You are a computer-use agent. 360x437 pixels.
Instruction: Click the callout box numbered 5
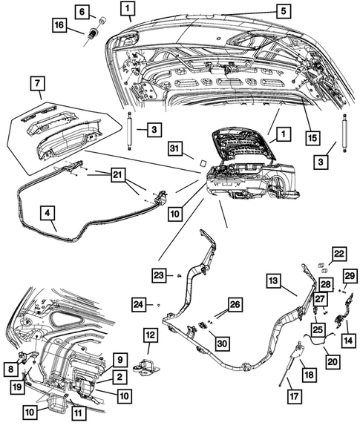coord(284,12)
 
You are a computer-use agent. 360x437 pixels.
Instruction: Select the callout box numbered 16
coord(59,26)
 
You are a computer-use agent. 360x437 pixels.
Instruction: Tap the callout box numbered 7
coord(38,83)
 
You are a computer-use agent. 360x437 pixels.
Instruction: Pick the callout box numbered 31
coord(175,148)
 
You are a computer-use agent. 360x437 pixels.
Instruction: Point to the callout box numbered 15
coord(312,138)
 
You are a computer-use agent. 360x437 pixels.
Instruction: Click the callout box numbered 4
coord(48,214)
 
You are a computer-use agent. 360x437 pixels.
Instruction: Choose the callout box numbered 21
coord(118,175)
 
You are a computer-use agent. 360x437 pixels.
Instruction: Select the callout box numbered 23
coord(160,276)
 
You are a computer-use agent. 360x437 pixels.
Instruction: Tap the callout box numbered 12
coord(151,335)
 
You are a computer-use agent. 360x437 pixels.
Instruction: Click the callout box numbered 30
coord(222,344)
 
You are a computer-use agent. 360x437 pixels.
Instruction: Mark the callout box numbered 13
coord(273,281)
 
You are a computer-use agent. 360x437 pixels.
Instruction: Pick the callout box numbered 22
coord(339,254)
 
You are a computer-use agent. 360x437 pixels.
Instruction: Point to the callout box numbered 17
coord(295,396)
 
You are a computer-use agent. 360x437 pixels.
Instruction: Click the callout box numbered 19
coord(18,387)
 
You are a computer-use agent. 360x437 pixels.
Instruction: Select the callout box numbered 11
coord(79,413)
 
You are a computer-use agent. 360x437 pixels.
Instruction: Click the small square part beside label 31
coord(203,162)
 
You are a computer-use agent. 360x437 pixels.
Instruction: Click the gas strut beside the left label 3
coord(130,131)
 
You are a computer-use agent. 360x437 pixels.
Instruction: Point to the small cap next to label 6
coord(103,20)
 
